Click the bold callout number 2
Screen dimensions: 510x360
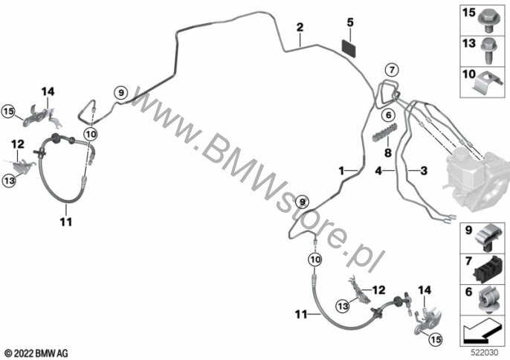pyautogui.click(x=300, y=27)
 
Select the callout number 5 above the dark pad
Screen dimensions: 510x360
pyautogui.click(x=350, y=22)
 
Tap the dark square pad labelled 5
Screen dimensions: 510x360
pyautogui.click(x=349, y=48)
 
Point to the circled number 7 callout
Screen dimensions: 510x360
pyautogui.click(x=392, y=70)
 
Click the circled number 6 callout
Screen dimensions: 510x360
pyautogui.click(x=388, y=115)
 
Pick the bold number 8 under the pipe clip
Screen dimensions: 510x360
pyautogui.click(x=388, y=152)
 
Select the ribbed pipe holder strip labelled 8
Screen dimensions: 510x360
pyautogui.click(x=385, y=132)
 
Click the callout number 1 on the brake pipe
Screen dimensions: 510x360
pyautogui.click(x=341, y=170)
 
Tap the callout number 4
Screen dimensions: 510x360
pyautogui.click(x=378, y=170)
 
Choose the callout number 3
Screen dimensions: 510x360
pyautogui.click(x=424, y=170)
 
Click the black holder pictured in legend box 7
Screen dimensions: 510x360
pyautogui.click(x=488, y=269)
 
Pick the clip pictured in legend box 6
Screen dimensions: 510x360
pyautogui.click(x=488, y=300)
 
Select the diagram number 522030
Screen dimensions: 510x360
pyautogui.click(x=485, y=353)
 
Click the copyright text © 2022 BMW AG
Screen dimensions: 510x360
pyautogui.click(x=36, y=353)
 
